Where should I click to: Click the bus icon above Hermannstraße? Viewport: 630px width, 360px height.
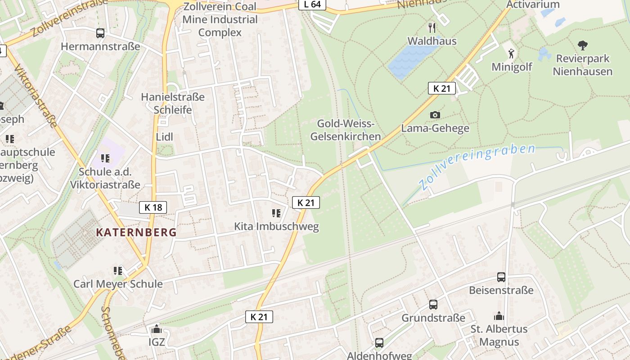pyautogui.click(x=100, y=33)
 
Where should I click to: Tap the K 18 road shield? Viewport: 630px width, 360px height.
pyautogui.click(x=153, y=207)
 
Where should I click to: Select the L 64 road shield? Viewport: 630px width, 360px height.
pyautogui.click(x=312, y=4)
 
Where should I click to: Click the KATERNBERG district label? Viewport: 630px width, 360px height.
pyautogui.click(x=136, y=233)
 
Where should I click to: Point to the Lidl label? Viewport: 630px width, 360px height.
pyautogui.click(x=164, y=137)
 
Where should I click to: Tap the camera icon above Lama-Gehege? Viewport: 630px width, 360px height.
pyautogui.click(x=435, y=115)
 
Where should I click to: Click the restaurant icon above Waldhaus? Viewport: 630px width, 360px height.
pyautogui.click(x=432, y=28)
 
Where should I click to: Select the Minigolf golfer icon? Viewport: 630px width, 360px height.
pyautogui.click(x=511, y=54)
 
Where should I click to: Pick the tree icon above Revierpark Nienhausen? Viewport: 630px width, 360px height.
pyautogui.click(x=583, y=45)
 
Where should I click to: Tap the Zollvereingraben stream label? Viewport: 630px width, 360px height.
pyautogui.click(x=477, y=166)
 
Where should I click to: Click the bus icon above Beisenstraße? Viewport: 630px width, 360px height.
pyautogui.click(x=501, y=277)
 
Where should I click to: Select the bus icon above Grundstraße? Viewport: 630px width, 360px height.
pyautogui.click(x=433, y=305)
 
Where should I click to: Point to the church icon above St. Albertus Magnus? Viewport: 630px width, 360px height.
pyautogui.click(x=499, y=316)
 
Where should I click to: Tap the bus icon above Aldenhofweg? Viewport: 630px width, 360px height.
pyautogui.click(x=379, y=343)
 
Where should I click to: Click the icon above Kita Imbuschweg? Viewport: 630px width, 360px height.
pyautogui.click(x=276, y=213)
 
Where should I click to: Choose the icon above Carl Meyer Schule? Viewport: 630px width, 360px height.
pyautogui.click(x=118, y=270)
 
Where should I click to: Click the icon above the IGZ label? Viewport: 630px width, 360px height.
pyautogui.click(x=156, y=329)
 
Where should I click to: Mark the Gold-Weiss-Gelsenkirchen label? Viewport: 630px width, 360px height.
pyautogui.click(x=346, y=130)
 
